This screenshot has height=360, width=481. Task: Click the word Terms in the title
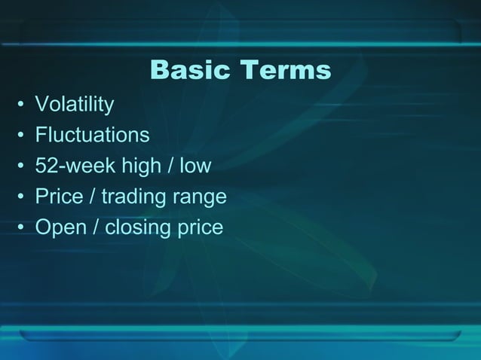pos(286,70)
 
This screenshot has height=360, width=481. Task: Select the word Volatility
pos(75,104)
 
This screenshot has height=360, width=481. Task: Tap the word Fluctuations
pos(92,135)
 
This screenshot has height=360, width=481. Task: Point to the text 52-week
pos(70,166)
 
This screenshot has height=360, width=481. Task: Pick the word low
pos(195,166)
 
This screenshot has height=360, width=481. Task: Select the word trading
pos(135,197)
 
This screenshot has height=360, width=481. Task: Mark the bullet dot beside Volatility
pos(22,105)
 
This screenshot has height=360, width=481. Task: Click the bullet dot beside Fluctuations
pos(22,136)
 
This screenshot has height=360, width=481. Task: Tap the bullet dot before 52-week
pos(22,166)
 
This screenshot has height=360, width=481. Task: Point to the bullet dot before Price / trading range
pos(22,197)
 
